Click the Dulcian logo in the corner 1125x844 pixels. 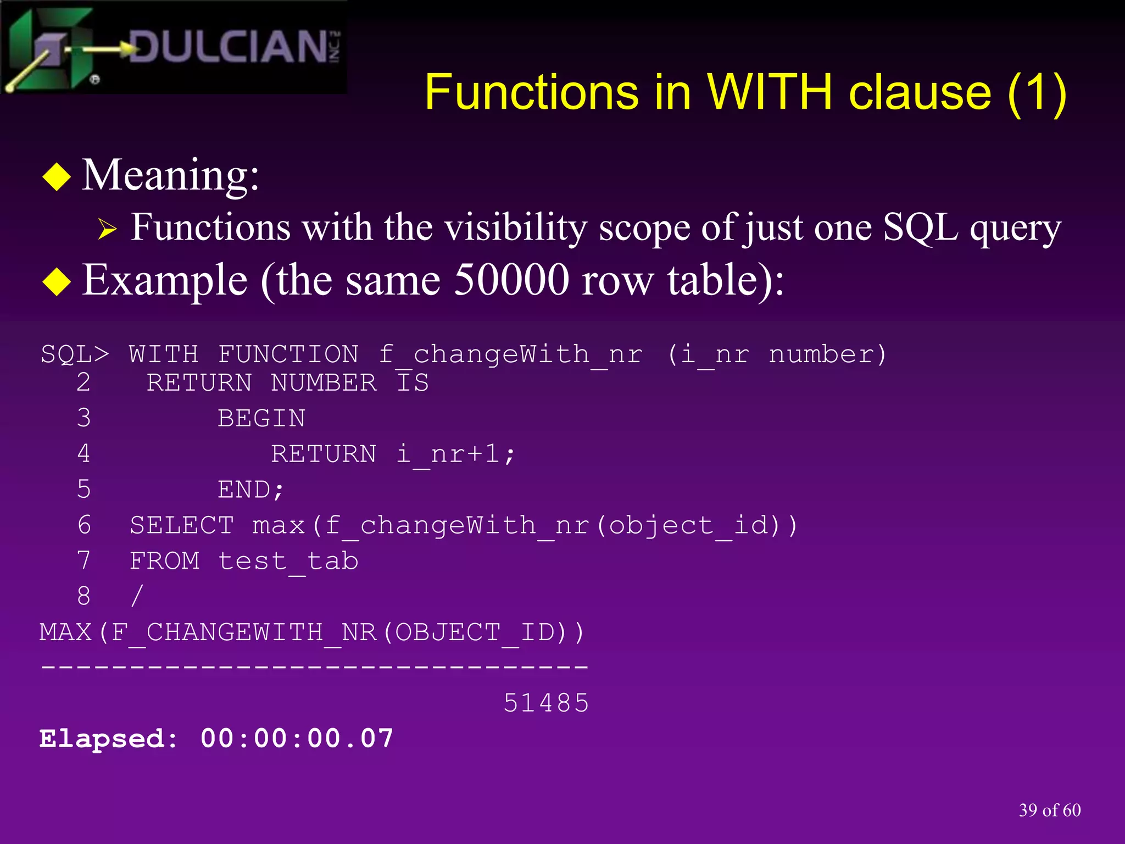pos(173,47)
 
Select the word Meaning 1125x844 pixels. pos(170,175)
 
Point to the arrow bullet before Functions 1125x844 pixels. pos(107,229)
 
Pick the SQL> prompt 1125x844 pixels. pos(75,354)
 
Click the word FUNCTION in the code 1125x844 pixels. pos(288,354)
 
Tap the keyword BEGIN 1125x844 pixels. pos(261,419)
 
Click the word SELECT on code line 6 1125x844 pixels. pos(182,525)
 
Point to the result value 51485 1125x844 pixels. pos(546,703)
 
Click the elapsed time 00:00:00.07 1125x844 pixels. pos(297,738)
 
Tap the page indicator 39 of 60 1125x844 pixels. pos(1049,810)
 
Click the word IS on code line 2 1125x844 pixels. pos(413,383)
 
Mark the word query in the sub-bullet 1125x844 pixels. pos(1015,227)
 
